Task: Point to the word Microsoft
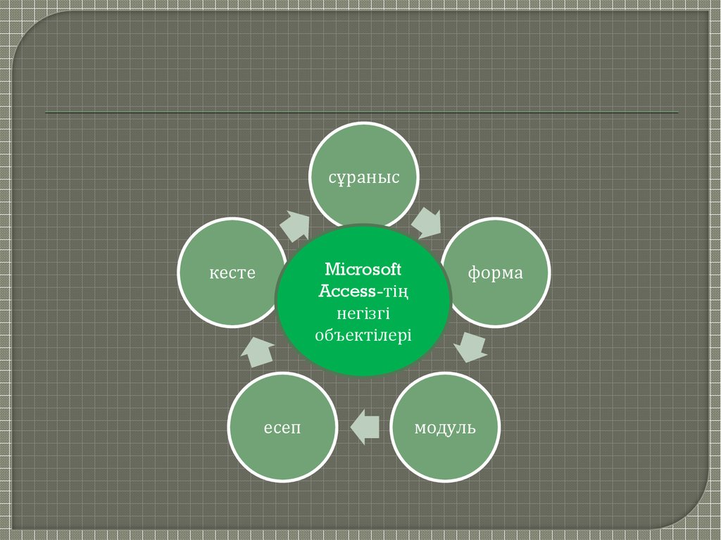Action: (363, 270)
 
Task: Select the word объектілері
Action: (363, 334)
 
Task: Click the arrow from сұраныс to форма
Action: (427, 222)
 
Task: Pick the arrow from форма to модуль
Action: (470, 346)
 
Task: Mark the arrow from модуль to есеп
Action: (365, 426)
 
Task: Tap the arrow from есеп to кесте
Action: (258, 350)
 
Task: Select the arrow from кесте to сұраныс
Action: (294, 225)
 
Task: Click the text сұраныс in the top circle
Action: (364, 177)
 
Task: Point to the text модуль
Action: (444, 427)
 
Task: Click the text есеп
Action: (282, 427)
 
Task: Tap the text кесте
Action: (232, 272)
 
